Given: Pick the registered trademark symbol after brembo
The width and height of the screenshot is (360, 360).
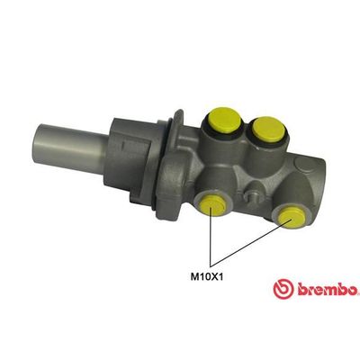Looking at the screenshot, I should coord(357,283).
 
